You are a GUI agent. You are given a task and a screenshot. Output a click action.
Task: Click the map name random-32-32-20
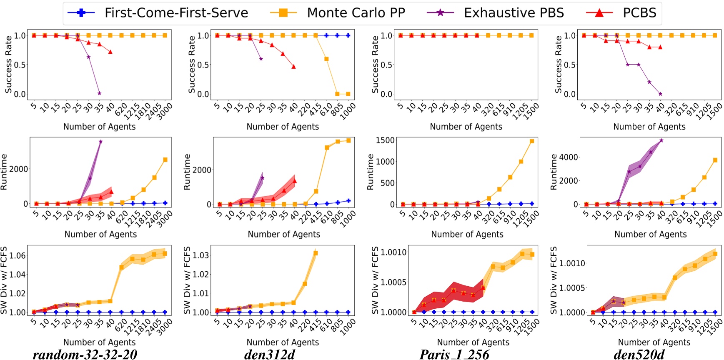[85, 354]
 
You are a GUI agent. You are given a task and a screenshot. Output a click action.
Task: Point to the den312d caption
[269, 354]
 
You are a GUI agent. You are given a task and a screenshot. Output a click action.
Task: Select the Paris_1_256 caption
[454, 354]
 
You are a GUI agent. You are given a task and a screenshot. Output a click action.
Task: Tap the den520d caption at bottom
[639, 354]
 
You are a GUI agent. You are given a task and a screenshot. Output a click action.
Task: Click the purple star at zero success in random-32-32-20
[99, 93]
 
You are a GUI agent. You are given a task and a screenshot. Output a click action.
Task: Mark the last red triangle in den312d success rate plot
[293, 67]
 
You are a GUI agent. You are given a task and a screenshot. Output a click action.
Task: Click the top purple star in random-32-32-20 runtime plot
[100, 142]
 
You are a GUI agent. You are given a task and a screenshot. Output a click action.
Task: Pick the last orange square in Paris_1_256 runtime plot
[532, 141]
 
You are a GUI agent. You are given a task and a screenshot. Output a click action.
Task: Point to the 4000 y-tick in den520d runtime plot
[569, 157]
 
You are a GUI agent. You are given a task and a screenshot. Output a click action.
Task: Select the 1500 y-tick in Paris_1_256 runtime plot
[385, 140]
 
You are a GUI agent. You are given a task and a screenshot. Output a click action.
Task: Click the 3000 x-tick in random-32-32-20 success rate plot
[164, 111]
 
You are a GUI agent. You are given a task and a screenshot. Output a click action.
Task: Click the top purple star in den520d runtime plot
[661, 140]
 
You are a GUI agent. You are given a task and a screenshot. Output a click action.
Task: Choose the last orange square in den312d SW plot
[316, 253]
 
